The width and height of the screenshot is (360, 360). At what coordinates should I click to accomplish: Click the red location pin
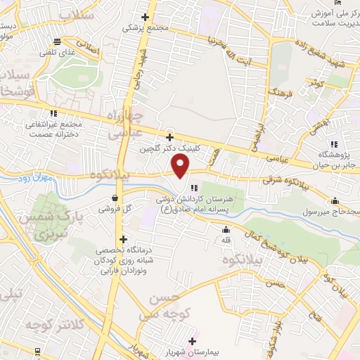click(x=181, y=167)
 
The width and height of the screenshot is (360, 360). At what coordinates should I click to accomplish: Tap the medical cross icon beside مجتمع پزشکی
click(x=146, y=18)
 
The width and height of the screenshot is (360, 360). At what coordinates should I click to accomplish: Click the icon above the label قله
click(x=226, y=229)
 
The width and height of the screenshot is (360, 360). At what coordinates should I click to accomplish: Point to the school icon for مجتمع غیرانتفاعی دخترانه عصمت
click(x=54, y=112)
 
